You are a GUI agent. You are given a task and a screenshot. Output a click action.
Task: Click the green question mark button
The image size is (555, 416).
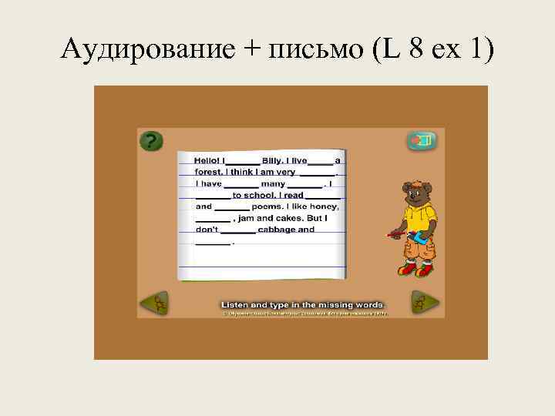coord(152,141)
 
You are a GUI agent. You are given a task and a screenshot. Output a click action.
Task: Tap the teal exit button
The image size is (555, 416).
coord(422,141)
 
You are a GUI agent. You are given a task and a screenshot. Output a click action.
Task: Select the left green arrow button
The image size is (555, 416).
coord(153,303)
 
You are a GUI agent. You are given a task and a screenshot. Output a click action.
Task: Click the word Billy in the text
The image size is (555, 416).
coord(273,160)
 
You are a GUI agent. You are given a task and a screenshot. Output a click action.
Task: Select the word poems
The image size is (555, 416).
coord(266,206)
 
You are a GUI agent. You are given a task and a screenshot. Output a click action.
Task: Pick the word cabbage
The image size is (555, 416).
coord(275,230)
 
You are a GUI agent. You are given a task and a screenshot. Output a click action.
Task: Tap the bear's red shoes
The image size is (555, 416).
coord(416,270)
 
